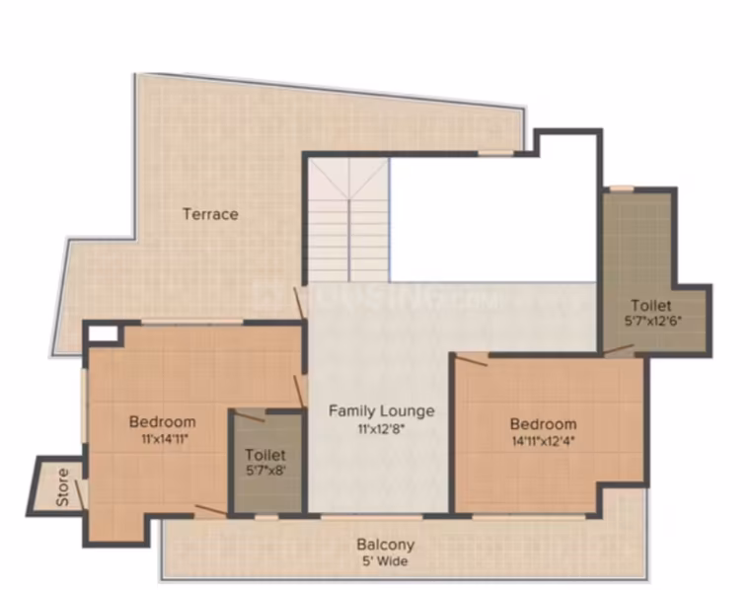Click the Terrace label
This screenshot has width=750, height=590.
[x=210, y=214]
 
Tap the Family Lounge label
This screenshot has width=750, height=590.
[x=382, y=410]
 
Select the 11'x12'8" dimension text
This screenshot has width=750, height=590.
[x=382, y=429]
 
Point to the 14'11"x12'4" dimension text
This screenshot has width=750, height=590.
[x=544, y=441]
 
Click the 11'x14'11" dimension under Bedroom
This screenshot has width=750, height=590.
[x=163, y=439]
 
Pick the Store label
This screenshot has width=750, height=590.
[x=62, y=487]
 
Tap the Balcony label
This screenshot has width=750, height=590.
[x=386, y=545]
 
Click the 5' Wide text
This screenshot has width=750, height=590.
[x=386, y=561]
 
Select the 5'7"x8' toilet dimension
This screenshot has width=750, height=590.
[x=265, y=471]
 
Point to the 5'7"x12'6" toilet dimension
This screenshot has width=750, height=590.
[x=653, y=321]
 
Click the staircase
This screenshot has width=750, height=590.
[x=347, y=220]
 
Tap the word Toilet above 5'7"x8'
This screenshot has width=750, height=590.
[x=265, y=454]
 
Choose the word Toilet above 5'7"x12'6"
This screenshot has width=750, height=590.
[x=651, y=305]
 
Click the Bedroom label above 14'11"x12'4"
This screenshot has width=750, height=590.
[x=544, y=424]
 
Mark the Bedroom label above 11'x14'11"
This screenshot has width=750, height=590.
[x=163, y=421]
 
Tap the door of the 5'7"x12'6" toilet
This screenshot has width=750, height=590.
[x=619, y=350]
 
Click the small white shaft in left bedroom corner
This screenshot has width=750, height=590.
[x=104, y=333]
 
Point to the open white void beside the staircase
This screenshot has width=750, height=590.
[x=492, y=217]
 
